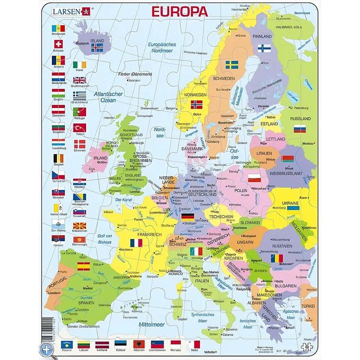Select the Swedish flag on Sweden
[x=231, y=65]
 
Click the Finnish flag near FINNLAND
[x=264, y=48]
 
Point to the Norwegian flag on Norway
[x=196, y=105]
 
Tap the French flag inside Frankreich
[x=135, y=242]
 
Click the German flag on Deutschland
[x=188, y=216]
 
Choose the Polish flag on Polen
[x=255, y=177]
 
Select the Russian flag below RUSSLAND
[x=299, y=129]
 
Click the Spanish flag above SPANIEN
[x=83, y=265]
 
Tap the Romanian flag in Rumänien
[x=277, y=258]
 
